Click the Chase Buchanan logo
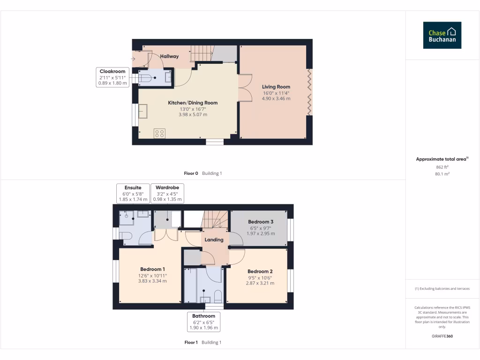(442, 35)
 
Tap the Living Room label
(276, 87)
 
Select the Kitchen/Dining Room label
(193, 103)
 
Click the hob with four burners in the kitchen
(159, 133)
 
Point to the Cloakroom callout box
(112, 77)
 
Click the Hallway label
(169, 56)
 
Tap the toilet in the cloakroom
(146, 78)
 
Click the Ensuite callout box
(133, 194)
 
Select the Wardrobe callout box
(167, 194)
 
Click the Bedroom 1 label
(152, 269)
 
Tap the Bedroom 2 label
(260, 271)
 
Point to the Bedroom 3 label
(261, 222)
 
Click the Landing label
(214, 240)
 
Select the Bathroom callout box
(203, 322)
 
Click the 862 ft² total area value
(442, 166)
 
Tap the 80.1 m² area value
(442, 174)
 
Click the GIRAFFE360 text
(442, 336)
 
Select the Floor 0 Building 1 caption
(202, 173)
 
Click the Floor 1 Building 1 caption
(202, 343)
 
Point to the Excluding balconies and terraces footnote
(442, 289)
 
